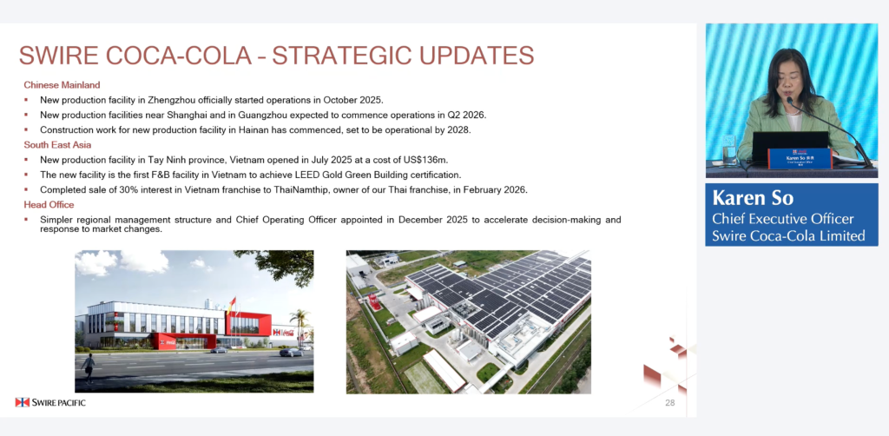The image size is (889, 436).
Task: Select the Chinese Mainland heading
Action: tap(62, 85)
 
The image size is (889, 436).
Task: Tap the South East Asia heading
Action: tap(57, 144)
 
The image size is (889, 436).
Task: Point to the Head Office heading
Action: tap(49, 205)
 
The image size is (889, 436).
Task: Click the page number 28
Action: tap(670, 403)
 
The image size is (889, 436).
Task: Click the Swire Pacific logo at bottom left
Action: tap(50, 402)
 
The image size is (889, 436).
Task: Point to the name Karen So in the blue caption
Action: tap(753, 198)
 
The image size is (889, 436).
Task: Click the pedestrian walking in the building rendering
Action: tap(88, 368)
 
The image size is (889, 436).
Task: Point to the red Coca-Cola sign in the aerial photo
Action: tap(375, 302)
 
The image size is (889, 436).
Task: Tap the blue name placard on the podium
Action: tap(800, 159)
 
